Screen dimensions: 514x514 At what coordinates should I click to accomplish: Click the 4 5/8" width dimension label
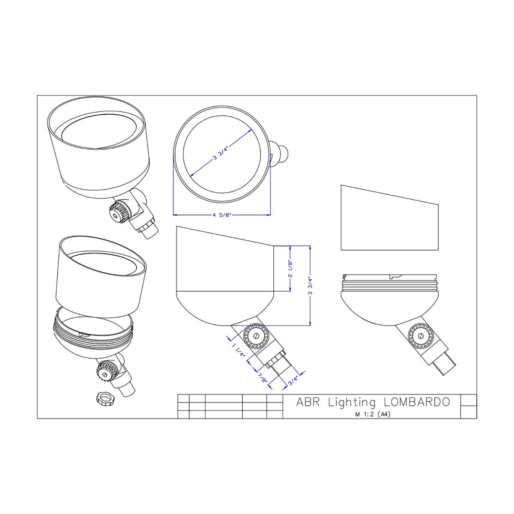point(221,215)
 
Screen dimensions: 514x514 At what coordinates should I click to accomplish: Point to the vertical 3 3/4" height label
point(310,286)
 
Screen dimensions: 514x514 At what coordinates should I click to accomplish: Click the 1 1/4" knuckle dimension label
point(239,352)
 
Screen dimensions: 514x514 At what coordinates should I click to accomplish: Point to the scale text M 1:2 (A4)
point(373,414)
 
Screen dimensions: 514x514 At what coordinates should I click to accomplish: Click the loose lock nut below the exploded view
point(105,399)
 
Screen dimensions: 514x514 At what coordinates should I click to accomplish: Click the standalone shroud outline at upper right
point(390,218)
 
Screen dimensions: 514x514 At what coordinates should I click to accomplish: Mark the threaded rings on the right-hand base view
point(390,285)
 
